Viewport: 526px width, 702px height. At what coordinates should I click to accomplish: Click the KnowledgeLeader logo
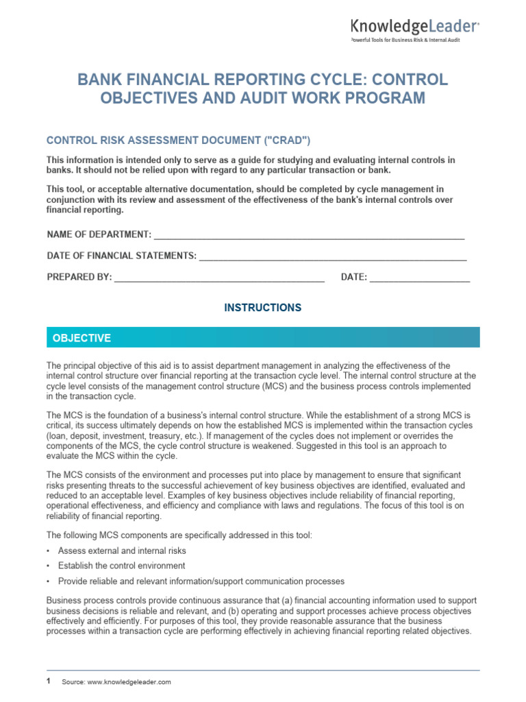[415, 27]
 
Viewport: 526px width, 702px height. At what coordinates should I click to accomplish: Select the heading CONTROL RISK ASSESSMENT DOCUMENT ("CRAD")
[178, 141]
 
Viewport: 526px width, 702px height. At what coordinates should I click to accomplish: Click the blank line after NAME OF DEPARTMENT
[309, 235]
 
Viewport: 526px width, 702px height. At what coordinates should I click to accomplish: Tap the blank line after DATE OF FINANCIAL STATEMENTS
[332, 256]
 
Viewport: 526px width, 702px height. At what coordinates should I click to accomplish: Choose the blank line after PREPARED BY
[219, 278]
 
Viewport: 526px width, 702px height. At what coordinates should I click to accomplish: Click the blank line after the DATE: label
[420, 278]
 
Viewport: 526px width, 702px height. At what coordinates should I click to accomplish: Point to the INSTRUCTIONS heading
[263, 308]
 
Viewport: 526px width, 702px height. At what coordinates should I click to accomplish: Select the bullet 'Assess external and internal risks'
[122, 550]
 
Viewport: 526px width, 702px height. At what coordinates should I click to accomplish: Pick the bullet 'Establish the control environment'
[121, 566]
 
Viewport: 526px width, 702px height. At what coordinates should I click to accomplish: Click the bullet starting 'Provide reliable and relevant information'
[201, 581]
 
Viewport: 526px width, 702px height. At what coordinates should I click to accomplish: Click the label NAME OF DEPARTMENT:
[99, 235]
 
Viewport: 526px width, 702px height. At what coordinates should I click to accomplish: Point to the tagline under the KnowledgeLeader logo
[405, 40]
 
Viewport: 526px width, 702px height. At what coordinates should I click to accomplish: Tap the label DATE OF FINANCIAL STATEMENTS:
[121, 256]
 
